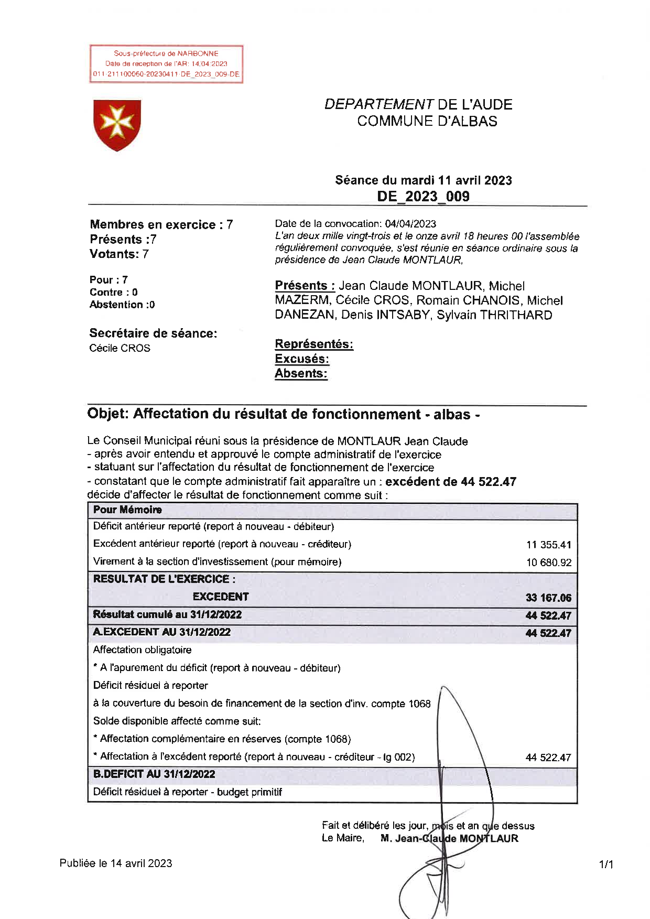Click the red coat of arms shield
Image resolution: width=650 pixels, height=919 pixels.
pyautogui.click(x=117, y=125)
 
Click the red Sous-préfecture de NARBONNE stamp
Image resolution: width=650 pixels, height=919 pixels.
pyautogui.click(x=166, y=64)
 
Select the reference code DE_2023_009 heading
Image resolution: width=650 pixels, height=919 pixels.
pyautogui.click(x=423, y=197)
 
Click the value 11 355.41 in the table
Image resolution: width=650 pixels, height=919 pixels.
pyautogui.click(x=548, y=545)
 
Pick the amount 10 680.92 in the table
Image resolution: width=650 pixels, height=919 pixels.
pyautogui.click(x=548, y=563)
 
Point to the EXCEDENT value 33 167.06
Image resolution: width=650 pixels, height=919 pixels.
pyautogui.click(x=548, y=598)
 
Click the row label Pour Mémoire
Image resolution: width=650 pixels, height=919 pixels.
pyautogui.click(x=127, y=510)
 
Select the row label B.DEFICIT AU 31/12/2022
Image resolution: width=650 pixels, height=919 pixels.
pyautogui.click(x=154, y=774)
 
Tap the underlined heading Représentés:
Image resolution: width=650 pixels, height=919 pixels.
pyautogui.click(x=314, y=344)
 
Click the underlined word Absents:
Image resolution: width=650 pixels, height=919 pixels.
pyautogui.click(x=301, y=374)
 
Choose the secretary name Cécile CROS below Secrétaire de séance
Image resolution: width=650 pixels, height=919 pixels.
pyautogui.click(x=120, y=349)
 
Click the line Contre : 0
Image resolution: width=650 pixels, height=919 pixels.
pyautogui.click(x=113, y=293)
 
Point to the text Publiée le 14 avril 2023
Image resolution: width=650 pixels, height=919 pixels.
pyautogui.click(x=116, y=863)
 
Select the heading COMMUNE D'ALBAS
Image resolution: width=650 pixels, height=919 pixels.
pyautogui.click(x=427, y=121)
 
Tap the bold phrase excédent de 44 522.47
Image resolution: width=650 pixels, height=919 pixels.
pyautogui.click(x=451, y=482)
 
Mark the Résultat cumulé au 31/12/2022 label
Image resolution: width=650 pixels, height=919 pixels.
pyautogui.click(x=167, y=614)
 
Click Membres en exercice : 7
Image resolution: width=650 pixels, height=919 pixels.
pyautogui.click(x=161, y=225)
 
